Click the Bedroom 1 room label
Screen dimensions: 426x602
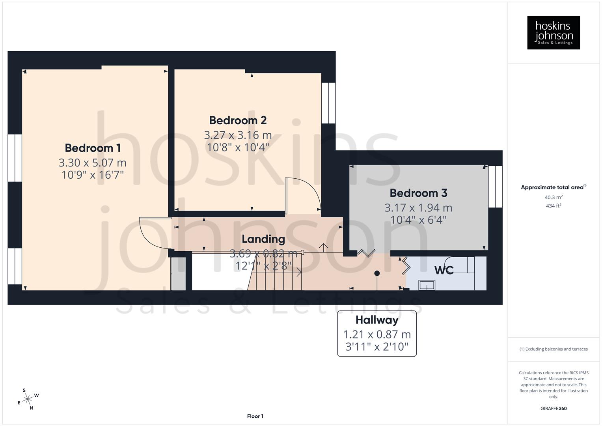coord(93,148)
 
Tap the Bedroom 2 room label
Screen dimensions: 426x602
coord(238,120)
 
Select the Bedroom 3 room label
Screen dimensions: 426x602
coord(418,193)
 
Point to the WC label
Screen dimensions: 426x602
coord(444,270)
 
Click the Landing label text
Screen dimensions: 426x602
coord(263,239)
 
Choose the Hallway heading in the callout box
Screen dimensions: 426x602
coord(377,320)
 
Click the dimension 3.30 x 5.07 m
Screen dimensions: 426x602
coord(93,163)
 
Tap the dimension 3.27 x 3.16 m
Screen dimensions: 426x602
coord(238,135)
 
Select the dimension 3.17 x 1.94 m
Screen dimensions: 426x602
coord(418,207)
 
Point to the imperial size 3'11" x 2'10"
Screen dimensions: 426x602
coord(377,347)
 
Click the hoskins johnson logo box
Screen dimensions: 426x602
coord(554,33)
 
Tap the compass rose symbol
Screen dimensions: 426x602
coord(28,399)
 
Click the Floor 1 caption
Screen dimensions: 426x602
coord(255,416)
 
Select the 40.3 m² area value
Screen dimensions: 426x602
coord(554,197)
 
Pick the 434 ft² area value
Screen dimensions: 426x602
coord(554,206)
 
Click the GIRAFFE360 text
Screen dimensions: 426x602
coord(554,408)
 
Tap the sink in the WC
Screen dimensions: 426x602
coord(427,285)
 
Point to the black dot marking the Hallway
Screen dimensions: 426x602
coord(377,273)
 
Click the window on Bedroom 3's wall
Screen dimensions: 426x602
coord(495,187)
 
